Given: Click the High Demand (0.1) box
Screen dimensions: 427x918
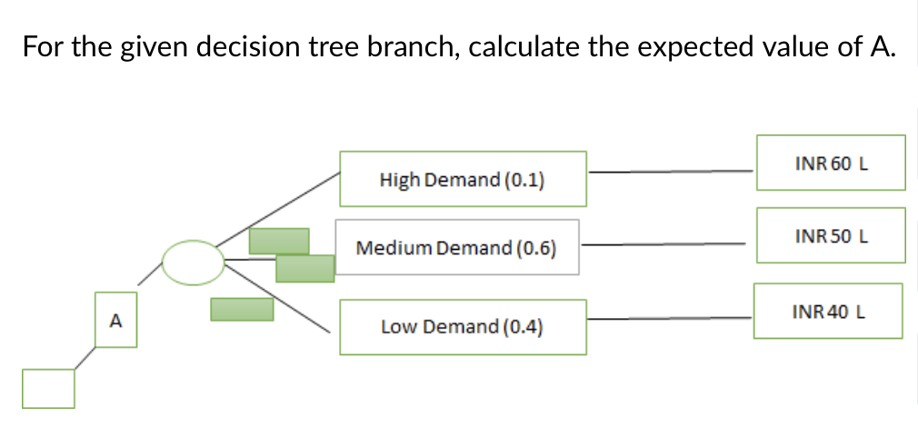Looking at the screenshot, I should click(463, 179).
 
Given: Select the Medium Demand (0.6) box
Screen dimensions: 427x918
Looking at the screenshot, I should click(456, 247).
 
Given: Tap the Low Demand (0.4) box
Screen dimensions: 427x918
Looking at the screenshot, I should click(463, 326).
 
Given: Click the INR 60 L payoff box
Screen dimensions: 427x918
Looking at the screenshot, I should click(831, 164).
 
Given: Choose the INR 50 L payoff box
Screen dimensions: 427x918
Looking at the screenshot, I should click(831, 235).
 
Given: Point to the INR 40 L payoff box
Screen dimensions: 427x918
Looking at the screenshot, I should click(828, 311).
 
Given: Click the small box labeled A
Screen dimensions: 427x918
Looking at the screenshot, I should click(115, 320).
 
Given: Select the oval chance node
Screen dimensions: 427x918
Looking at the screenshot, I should click(193, 262).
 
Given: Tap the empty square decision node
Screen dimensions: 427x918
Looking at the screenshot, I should click(48, 389).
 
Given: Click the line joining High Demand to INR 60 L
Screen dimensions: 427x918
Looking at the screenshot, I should click(671, 170).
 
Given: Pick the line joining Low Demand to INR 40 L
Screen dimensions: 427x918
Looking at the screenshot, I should click(669, 318).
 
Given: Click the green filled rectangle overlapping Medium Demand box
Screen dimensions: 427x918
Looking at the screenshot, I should click(304, 268).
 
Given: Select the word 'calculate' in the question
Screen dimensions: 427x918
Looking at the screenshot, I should click(525, 46).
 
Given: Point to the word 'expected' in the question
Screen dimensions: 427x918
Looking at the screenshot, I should click(687, 46).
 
